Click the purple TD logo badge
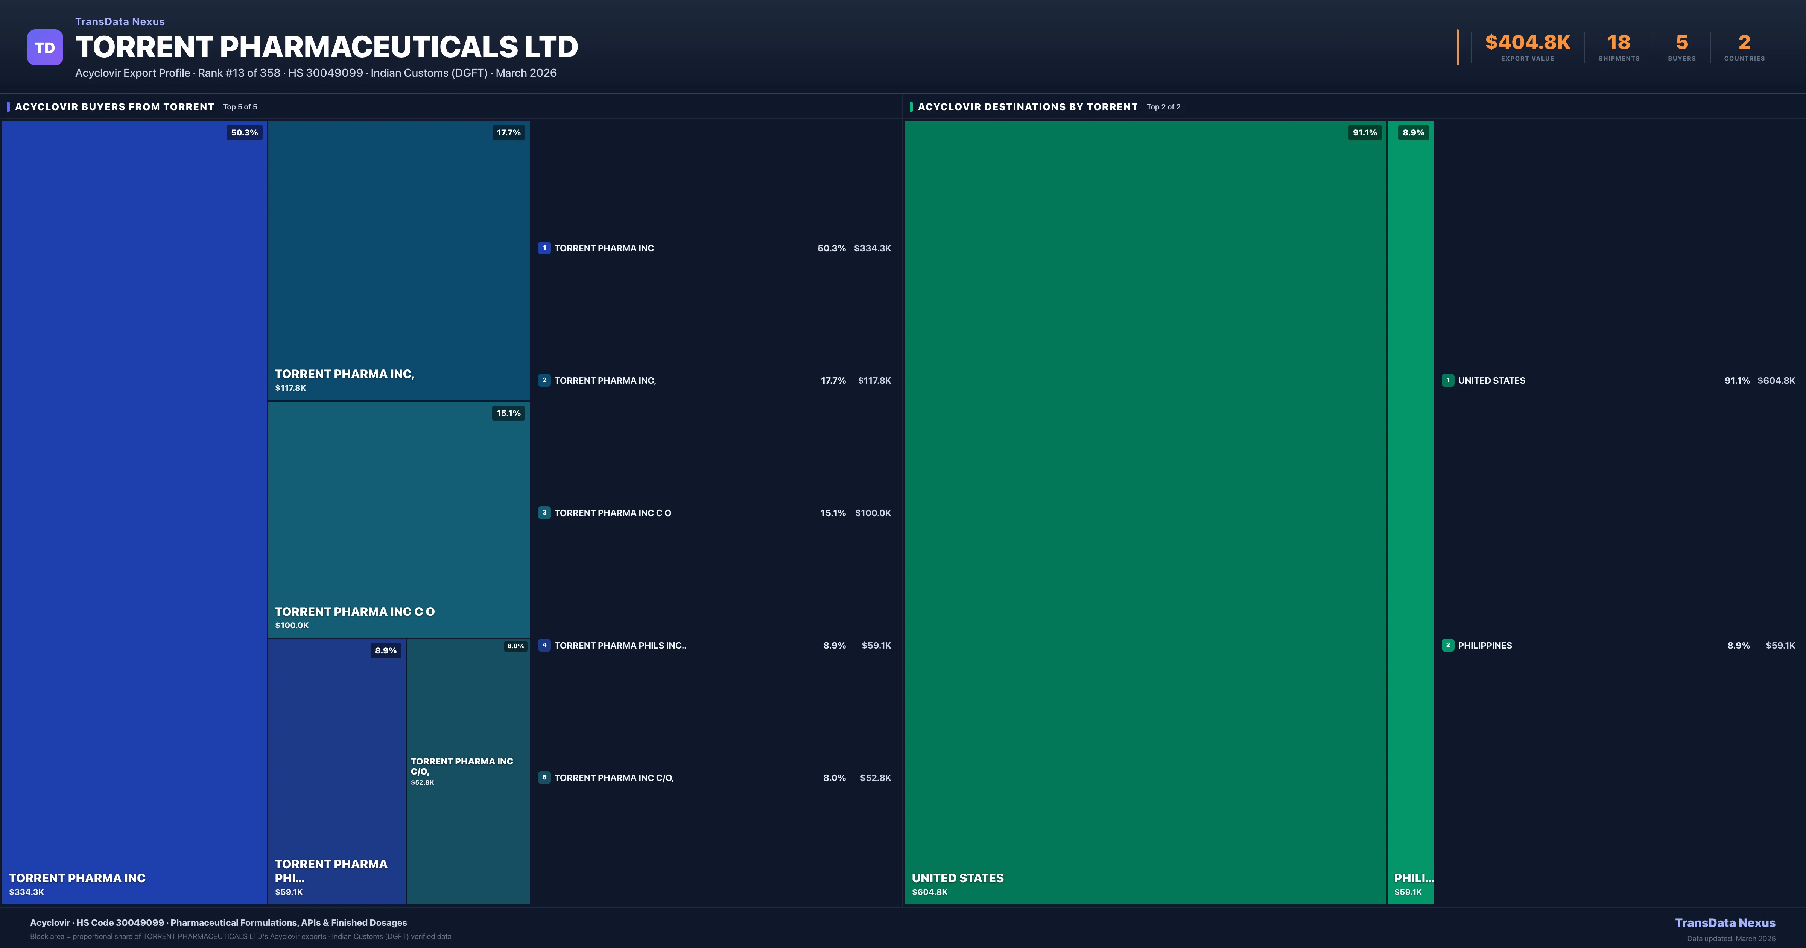45,48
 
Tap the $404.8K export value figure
1527,43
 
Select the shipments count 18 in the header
1619,43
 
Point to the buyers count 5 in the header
1681,43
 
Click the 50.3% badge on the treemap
244,132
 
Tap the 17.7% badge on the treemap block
508,132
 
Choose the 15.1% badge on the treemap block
508,413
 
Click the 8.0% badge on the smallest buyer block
515,646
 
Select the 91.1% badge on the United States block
1364,132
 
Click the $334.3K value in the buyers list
872,248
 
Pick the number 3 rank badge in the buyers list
544,513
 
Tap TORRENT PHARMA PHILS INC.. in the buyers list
620,645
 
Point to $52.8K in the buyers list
875,778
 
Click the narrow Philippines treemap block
1410,491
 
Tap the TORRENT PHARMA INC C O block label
354,611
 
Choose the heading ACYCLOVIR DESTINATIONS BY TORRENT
1027,106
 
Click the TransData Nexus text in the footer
1725,923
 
